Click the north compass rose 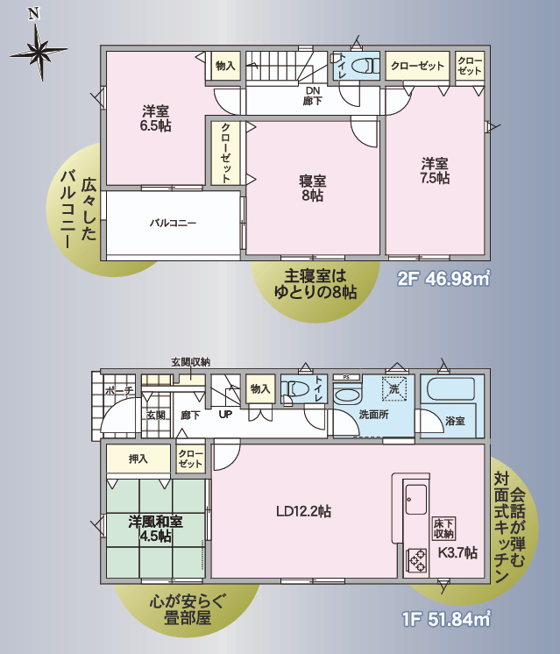pos(40,51)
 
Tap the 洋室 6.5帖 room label pos(155,118)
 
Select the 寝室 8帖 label pos(312,188)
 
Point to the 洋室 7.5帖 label pos(435,171)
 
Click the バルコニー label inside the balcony pos(173,224)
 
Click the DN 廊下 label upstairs pos(312,96)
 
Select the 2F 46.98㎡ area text pos(443,278)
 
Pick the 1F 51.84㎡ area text pos(446,619)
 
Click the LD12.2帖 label pos(303,511)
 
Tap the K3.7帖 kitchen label pos(457,552)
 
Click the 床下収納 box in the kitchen pos(443,529)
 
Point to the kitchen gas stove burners pos(416,560)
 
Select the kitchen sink pos(416,499)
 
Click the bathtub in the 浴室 pos(451,388)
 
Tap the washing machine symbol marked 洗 pos(394,388)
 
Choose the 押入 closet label pos(138,459)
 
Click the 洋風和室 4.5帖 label pos(155,529)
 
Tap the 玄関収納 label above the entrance pos(190,362)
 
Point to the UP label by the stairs pos(225,415)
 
